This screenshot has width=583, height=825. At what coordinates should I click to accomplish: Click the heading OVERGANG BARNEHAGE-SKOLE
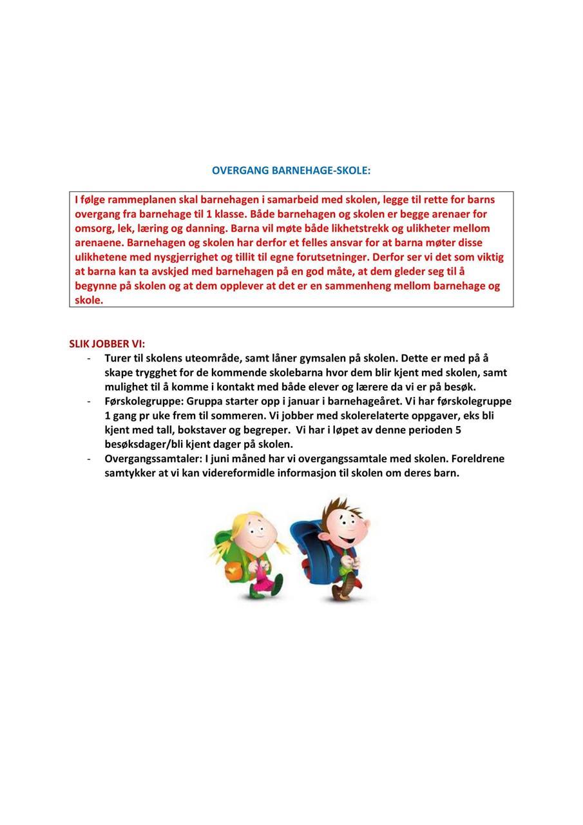(x=291, y=171)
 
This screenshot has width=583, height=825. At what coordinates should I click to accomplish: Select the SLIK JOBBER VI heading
(x=107, y=344)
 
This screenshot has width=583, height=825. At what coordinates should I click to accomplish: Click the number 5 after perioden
(x=458, y=430)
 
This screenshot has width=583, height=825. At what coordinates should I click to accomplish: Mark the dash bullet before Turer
(x=88, y=358)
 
